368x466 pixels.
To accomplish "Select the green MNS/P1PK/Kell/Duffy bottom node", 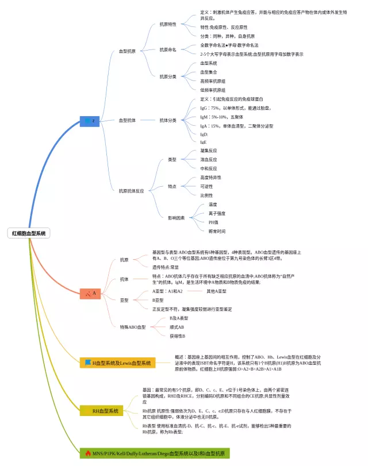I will click(155, 454).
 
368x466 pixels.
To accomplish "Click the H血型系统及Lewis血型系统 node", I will click(117, 363).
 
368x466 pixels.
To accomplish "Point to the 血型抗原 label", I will click(127, 51).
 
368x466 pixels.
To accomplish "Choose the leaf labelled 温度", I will click(213, 204).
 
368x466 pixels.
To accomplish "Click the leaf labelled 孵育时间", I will click(217, 231).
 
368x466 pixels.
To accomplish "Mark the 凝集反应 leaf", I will click(208, 151).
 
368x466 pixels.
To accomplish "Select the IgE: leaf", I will click(204, 142).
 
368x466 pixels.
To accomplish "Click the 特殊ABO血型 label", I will click(133, 327).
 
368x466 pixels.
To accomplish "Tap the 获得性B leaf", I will click(177, 336).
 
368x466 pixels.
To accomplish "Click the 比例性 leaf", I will click(206, 195).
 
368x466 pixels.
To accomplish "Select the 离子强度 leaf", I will click(217, 213).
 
